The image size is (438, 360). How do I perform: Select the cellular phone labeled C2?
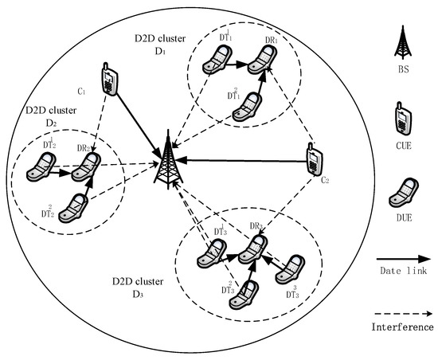coord(314,160)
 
